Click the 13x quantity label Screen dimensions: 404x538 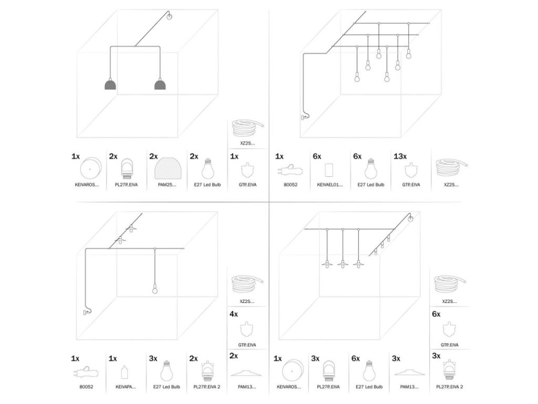click(x=400, y=157)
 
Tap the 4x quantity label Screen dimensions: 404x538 click(x=233, y=314)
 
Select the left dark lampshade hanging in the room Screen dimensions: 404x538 click(x=110, y=85)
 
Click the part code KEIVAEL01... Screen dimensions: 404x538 click(x=330, y=185)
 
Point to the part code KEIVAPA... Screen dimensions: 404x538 click(x=126, y=387)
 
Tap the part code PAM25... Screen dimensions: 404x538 click(x=167, y=185)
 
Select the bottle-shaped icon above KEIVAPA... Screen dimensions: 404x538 click(x=125, y=372)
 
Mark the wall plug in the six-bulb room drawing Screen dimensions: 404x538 click(x=304, y=117)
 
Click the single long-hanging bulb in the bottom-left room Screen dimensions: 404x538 click(x=155, y=289)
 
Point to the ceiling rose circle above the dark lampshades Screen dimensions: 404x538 click(x=169, y=17)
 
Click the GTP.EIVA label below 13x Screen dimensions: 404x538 click(x=411, y=185)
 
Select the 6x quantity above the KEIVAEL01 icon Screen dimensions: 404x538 click(x=317, y=157)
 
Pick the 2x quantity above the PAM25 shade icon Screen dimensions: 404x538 click(x=153, y=157)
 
